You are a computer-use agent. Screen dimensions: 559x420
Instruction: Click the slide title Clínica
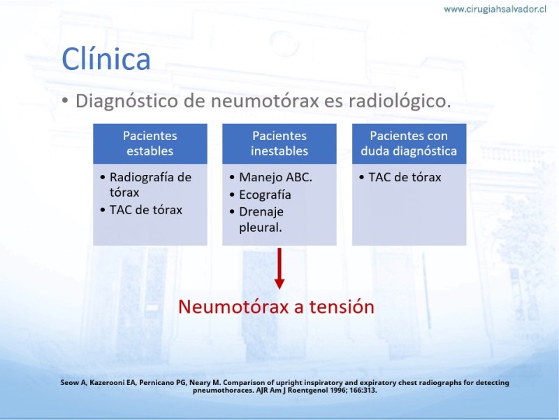(106, 59)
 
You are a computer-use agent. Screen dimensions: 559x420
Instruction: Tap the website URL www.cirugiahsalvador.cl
(495, 9)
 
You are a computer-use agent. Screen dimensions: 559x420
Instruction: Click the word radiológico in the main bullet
(400, 101)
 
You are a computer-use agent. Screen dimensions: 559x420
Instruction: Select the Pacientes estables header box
(150, 143)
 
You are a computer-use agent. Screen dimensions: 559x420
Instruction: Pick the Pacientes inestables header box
(279, 143)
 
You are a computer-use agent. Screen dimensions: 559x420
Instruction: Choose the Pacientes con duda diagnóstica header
(409, 143)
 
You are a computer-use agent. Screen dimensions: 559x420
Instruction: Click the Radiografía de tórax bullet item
(150, 185)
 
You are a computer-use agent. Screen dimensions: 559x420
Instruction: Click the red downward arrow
(279, 268)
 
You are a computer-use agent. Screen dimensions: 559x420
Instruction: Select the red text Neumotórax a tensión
(276, 307)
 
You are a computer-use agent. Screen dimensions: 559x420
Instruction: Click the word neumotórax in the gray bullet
(265, 101)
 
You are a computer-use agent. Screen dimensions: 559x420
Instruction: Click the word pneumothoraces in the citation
(223, 391)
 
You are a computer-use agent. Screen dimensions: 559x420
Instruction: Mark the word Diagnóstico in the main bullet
(126, 101)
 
